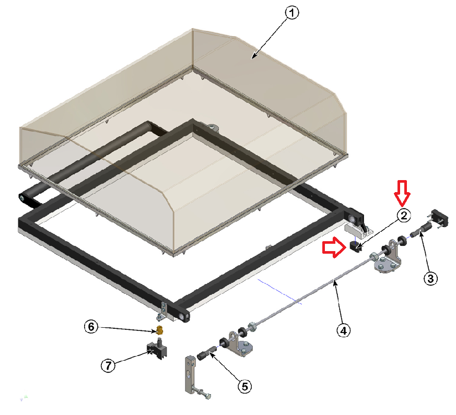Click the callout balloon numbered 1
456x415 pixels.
click(291, 13)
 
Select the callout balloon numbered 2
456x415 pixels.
click(404, 216)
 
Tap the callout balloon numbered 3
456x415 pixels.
click(430, 278)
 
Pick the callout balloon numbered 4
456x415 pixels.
click(344, 330)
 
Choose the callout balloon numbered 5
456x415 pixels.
click(245, 386)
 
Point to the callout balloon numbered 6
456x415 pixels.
click(91, 327)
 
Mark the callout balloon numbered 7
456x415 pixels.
click(108, 365)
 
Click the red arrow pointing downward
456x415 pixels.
click(402, 193)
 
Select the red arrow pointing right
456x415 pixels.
click(334, 247)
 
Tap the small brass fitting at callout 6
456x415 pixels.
click(159, 330)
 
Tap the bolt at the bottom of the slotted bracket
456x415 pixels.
click(202, 394)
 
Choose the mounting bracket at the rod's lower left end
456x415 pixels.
click(240, 343)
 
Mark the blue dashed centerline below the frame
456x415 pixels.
click(279, 291)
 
